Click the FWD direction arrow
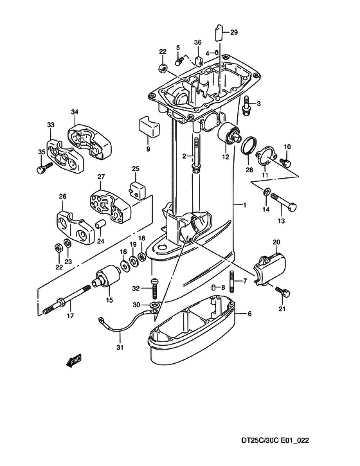[x=73, y=361]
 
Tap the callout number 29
[x=234, y=32]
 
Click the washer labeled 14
[x=266, y=192]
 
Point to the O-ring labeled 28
[x=249, y=146]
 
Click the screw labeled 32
[x=154, y=288]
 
